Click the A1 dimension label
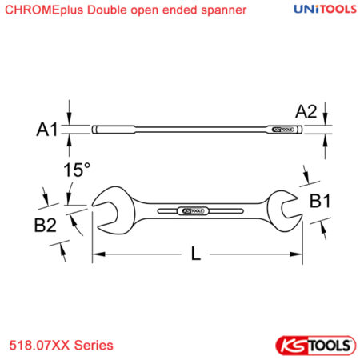pyautogui.click(x=47, y=130)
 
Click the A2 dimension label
pyautogui.click(x=306, y=111)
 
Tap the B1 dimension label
pyautogui.click(x=320, y=201)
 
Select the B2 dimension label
pyautogui.click(x=46, y=226)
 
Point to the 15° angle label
pyautogui.click(x=77, y=170)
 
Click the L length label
pyautogui.click(x=196, y=254)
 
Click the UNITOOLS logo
pyautogui.click(x=325, y=10)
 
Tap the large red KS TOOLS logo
pyautogui.click(x=316, y=346)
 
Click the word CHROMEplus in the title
pyautogui.click(x=44, y=10)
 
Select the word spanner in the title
pyautogui.click(x=224, y=10)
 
